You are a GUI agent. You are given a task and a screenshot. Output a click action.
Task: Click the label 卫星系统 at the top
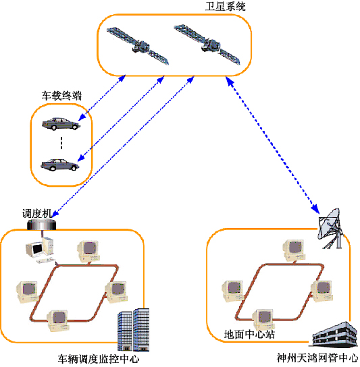point(225,6)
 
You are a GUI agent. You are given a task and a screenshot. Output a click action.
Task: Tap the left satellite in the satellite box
point(138,46)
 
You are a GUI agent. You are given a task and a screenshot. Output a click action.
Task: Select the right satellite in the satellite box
point(207,45)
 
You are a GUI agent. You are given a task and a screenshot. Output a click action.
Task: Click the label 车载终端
point(61,96)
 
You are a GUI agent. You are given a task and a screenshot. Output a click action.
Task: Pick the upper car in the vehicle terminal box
point(61,124)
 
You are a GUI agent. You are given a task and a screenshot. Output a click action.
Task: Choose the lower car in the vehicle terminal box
point(59,165)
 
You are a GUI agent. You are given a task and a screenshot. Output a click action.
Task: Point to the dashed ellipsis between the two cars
point(61,143)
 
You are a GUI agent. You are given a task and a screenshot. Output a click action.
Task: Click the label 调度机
point(36,213)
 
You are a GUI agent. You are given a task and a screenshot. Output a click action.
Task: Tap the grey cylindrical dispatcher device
point(41,224)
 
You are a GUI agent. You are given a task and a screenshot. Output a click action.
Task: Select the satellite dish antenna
point(330,228)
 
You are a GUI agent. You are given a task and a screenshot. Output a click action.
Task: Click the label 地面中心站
point(249,334)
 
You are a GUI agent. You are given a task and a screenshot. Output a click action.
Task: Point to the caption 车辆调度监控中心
point(99,359)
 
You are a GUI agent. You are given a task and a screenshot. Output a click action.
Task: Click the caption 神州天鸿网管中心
point(317,358)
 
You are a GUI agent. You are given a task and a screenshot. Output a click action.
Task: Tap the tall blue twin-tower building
point(133,330)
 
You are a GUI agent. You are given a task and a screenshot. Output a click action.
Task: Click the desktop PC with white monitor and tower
point(41,250)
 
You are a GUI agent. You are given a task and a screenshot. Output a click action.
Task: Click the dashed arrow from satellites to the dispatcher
point(123,147)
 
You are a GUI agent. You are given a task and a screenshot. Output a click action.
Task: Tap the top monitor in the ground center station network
point(294,250)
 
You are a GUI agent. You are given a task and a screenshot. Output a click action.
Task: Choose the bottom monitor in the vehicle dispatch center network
point(58,320)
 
